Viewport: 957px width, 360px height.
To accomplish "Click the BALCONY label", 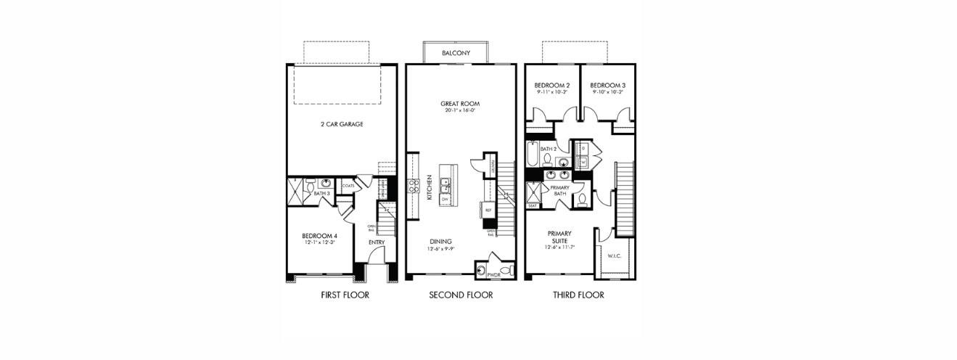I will click(x=456, y=53).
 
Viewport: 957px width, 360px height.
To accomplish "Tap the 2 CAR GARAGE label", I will click(x=342, y=124).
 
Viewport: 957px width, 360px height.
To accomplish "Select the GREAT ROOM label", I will click(x=460, y=104).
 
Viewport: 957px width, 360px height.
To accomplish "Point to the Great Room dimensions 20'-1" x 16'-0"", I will click(x=460, y=111).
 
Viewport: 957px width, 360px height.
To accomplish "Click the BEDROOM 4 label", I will click(x=319, y=236).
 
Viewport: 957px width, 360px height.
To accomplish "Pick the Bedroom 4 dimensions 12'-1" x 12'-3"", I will click(x=319, y=243).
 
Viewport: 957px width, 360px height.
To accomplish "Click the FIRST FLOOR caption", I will click(x=345, y=295).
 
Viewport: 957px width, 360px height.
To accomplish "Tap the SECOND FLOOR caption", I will click(x=461, y=295).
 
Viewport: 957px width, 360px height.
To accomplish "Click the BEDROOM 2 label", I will click(x=552, y=85).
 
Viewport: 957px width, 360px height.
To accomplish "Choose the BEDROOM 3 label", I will click(x=607, y=85).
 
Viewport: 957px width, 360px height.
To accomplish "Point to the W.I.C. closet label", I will click(x=614, y=255).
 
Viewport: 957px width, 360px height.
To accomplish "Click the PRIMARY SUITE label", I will click(x=559, y=237).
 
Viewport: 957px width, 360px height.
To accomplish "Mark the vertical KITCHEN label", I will click(x=430, y=187).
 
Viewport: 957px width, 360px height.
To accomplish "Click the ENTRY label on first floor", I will click(x=377, y=242).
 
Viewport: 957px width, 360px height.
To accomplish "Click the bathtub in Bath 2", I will click(x=533, y=155).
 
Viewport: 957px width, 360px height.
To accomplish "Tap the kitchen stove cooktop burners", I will click(x=414, y=185).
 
